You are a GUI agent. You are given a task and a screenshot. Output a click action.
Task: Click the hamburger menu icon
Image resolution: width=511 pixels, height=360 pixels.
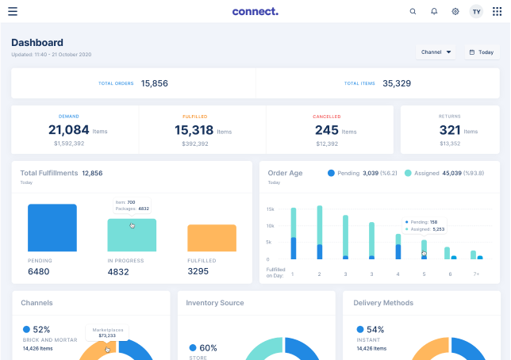click(x=13, y=11)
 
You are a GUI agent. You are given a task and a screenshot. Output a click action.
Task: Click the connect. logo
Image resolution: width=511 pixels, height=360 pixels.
click(x=255, y=11)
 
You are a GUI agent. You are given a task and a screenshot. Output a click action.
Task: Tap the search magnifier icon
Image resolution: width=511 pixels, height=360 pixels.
click(x=413, y=11)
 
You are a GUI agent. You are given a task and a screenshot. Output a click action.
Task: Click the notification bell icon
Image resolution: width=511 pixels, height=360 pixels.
click(x=434, y=11)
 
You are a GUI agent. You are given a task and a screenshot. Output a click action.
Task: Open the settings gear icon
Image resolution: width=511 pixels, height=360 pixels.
click(x=455, y=11)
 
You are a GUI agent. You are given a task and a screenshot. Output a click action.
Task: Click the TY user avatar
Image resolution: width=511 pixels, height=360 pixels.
click(x=476, y=11)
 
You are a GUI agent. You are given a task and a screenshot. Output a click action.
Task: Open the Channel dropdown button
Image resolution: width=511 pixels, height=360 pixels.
click(x=436, y=52)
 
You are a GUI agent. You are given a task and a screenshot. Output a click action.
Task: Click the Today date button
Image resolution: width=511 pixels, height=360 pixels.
click(x=482, y=52)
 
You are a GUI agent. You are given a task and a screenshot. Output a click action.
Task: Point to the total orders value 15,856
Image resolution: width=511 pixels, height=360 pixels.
click(x=154, y=82)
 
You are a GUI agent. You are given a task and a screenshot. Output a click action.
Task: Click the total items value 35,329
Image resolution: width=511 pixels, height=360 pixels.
click(x=397, y=82)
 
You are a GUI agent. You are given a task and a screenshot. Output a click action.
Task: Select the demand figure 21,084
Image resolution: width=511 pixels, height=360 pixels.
click(x=69, y=130)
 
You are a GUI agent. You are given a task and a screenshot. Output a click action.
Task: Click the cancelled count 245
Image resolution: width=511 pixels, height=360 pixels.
click(x=326, y=130)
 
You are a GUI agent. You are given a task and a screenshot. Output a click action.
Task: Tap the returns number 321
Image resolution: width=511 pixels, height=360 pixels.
click(x=450, y=130)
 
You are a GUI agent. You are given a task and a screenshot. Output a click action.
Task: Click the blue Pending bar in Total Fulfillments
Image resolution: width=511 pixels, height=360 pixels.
click(x=52, y=228)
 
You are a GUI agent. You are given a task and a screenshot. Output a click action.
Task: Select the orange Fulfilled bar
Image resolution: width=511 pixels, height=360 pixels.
click(x=212, y=238)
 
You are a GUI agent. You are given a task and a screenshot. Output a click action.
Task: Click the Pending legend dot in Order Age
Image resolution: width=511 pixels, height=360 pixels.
click(x=331, y=172)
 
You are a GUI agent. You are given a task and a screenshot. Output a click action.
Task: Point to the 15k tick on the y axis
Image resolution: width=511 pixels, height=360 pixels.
click(x=271, y=209)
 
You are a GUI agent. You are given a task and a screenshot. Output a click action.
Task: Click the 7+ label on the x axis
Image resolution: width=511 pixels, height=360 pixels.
click(x=476, y=274)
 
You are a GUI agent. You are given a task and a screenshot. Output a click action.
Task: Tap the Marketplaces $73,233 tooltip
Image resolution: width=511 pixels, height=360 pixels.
click(x=108, y=332)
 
